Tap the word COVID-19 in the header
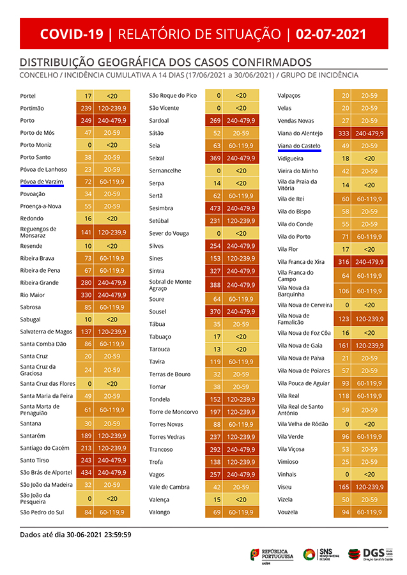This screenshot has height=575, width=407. pyautogui.click(x=71, y=34)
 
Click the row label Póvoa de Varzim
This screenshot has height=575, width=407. pyautogui.click(x=41, y=182)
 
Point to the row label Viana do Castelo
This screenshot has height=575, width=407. pyautogui.click(x=299, y=146)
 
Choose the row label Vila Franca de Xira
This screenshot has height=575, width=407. pyautogui.click(x=301, y=262)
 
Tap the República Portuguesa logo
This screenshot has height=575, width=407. pyautogui.click(x=272, y=554)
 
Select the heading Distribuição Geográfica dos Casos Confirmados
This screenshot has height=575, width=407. pyautogui.click(x=165, y=63)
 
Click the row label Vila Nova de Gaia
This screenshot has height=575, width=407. pyautogui.click(x=300, y=346)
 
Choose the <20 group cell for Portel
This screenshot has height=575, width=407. pyautogui.click(x=112, y=96)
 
